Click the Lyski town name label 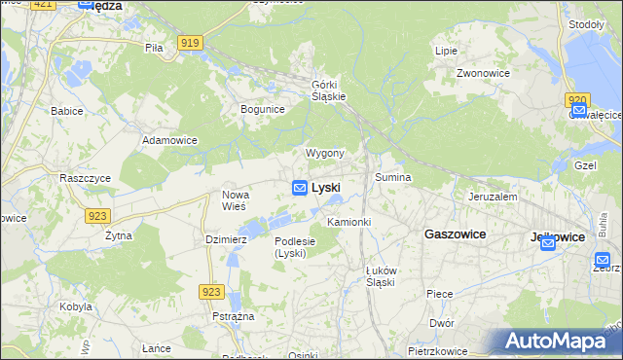click(326, 187)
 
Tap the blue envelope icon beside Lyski click(300, 187)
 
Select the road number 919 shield click(191, 42)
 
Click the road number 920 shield click(576, 99)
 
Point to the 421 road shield click(43, 4)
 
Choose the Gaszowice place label click(455, 234)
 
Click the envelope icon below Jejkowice click(547, 243)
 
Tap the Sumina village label click(393, 178)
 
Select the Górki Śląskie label click(329, 90)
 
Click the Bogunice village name click(262, 109)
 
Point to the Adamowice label click(169, 140)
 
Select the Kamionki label click(348, 222)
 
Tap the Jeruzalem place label click(492, 196)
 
